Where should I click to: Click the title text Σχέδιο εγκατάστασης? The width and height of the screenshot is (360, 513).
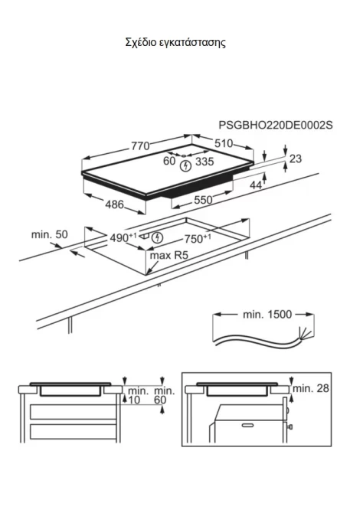point(175,43)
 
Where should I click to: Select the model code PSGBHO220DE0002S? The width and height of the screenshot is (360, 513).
point(276,125)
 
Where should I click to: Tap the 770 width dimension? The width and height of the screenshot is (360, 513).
point(140,146)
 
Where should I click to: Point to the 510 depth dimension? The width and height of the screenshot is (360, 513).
point(224,143)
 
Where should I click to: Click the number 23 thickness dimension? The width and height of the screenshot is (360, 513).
point(296,158)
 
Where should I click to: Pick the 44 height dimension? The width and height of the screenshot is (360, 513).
point(256,185)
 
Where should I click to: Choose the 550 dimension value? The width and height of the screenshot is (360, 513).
point(203,200)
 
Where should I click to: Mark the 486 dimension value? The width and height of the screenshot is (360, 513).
point(115,204)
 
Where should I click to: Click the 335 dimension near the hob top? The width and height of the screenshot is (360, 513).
point(205,162)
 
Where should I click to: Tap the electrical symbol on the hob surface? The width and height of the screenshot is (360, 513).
point(185,166)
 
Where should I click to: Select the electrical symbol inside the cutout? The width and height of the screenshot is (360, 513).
point(158,237)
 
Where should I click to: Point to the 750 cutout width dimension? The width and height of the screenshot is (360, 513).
point(198,239)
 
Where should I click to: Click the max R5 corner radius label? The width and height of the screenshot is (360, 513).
point(169,256)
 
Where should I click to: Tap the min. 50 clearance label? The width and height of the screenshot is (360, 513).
point(50,234)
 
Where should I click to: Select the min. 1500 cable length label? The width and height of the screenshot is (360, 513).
point(267,315)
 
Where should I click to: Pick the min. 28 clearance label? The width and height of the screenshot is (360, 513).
point(310,388)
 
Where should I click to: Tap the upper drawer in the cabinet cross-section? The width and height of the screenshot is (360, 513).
point(73,412)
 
